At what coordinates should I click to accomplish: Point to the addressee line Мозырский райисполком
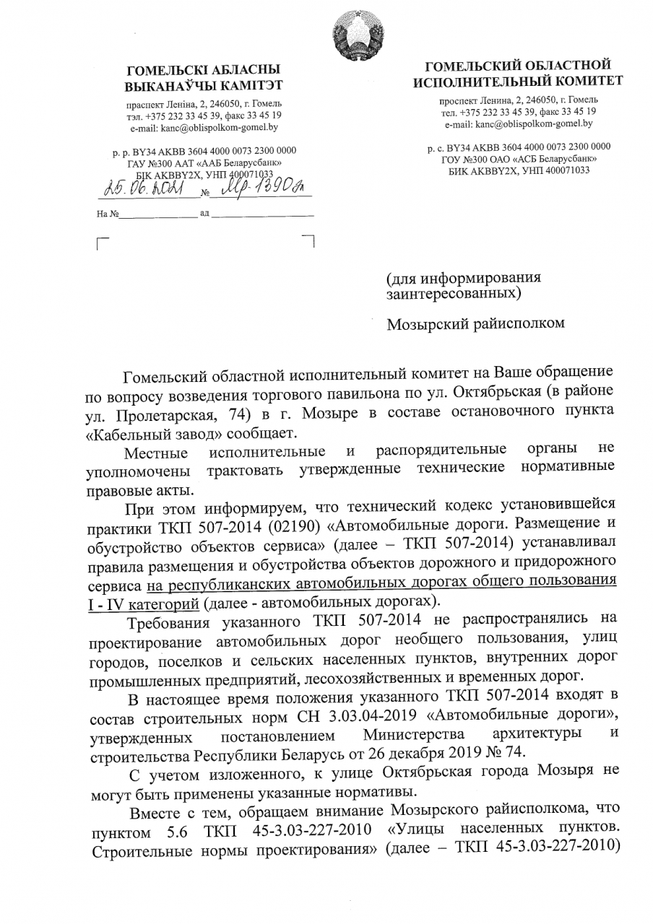pyautogui.click(x=475, y=323)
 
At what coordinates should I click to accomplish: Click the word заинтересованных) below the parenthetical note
pyautogui.click(x=452, y=293)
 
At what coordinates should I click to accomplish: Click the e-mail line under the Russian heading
pyautogui.click(x=517, y=124)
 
